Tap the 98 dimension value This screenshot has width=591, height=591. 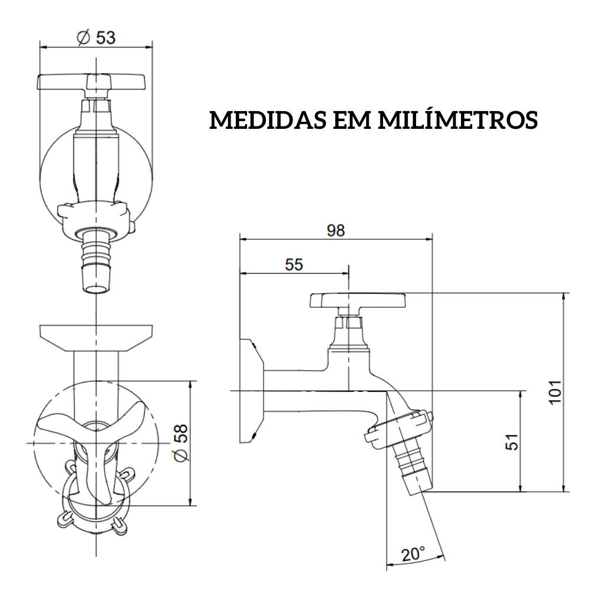click(336, 230)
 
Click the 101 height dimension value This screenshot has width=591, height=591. click(554, 392)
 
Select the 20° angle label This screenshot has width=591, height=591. click(413, 554)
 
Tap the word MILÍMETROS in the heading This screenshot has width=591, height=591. click(457, 120)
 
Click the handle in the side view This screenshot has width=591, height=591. click(358, 301)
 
